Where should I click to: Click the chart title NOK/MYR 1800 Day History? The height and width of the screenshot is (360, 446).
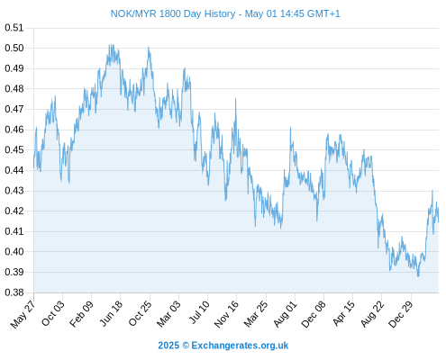click(x=173, y=13)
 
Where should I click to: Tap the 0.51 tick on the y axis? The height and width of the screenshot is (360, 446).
click(x=14, y=28)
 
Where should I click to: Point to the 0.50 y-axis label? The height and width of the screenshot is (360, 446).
click(x=14, y=48)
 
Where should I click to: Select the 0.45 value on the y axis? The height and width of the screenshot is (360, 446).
click(x=14, y=149)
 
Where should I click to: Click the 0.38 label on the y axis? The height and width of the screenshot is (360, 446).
click(x=14, y=292)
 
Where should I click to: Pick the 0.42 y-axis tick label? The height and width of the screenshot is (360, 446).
click(x=14, y=211)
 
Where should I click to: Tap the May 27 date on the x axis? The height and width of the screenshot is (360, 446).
click(x=23, y=314)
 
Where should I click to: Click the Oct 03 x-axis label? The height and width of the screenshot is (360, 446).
click(x=53, y=313)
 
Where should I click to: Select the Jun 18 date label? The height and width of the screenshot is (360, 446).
click(x=111, y=313)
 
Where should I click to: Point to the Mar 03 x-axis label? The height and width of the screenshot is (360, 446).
click(x=169, y=313)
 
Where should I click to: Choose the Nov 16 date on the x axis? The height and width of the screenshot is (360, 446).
click(x=226, y=314)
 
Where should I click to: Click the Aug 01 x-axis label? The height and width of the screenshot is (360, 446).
click(x=285, y=314)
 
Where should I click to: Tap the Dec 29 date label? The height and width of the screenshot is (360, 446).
click(x=401, y=314)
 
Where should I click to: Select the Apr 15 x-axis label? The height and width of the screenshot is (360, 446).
click(x=343, y=313)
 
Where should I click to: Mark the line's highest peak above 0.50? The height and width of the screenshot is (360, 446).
click(x=111, y=44)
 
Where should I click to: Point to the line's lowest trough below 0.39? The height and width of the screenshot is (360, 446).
click(x=418, y=276)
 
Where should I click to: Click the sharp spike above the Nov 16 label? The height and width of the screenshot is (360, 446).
click(x=236, y=99)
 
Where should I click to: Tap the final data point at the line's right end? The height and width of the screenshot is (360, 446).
click(x=439, y=221)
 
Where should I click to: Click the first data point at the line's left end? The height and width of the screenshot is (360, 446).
click(x=34, y=167)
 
